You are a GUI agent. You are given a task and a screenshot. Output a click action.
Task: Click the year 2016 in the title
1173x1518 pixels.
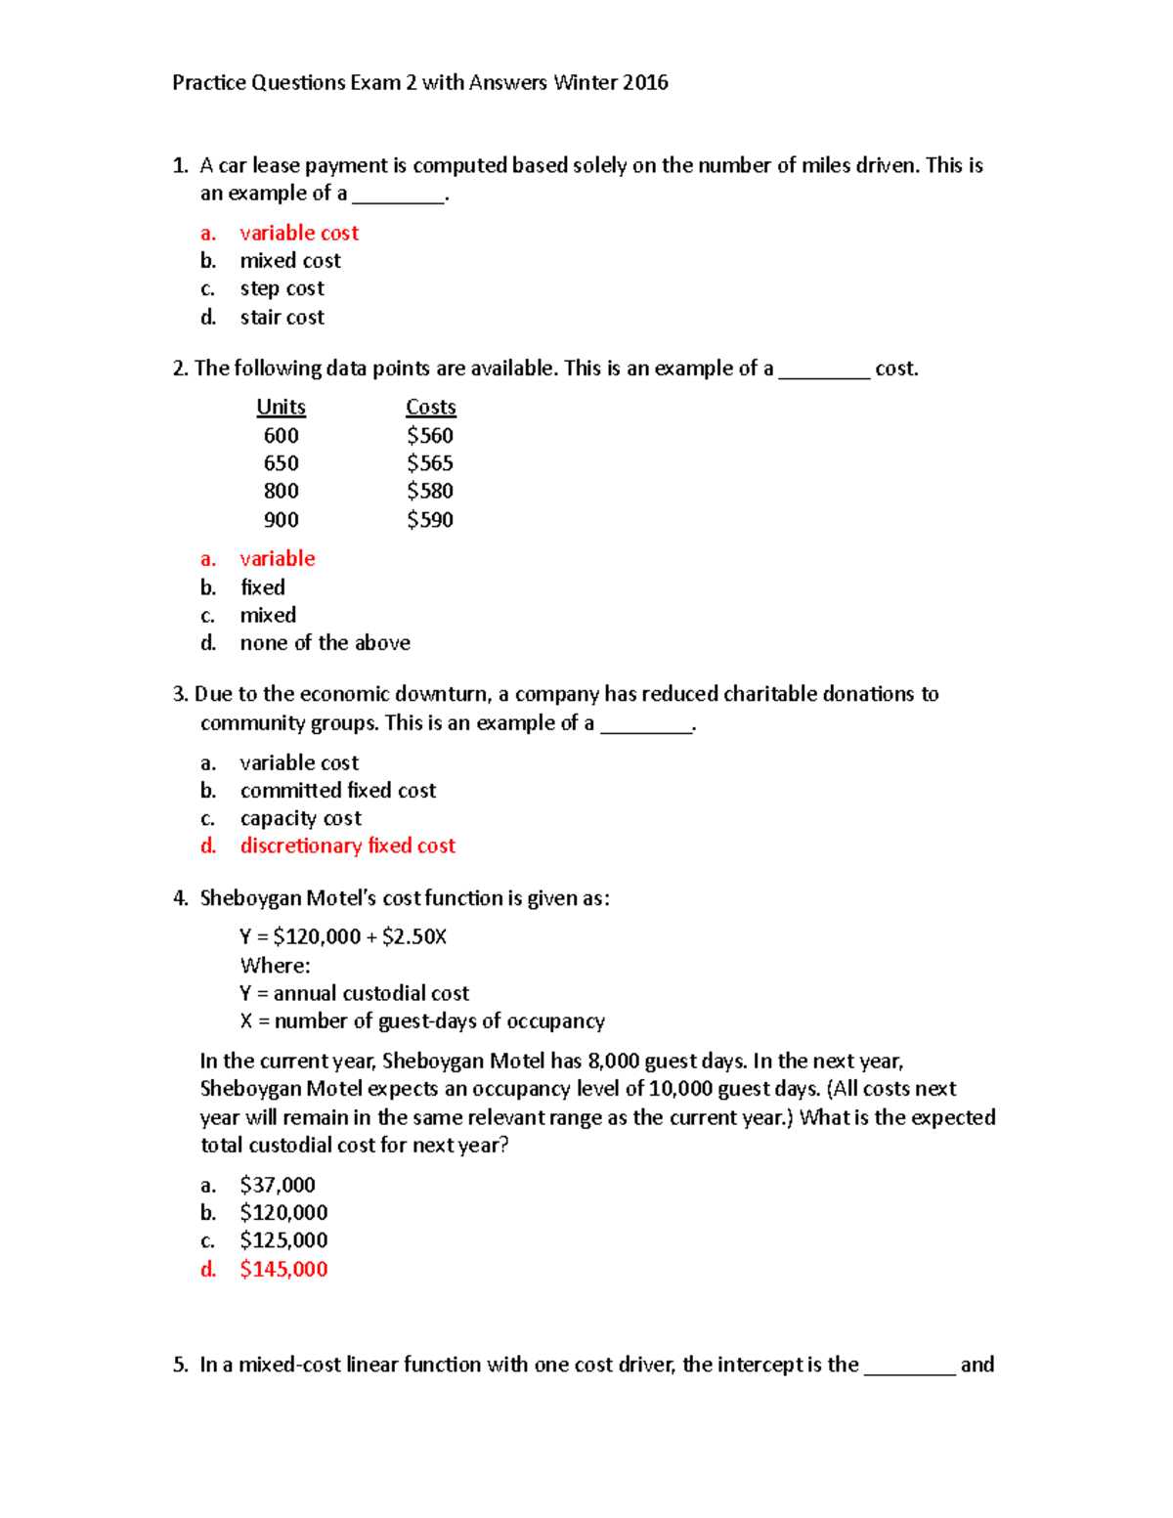[x=645, y=83]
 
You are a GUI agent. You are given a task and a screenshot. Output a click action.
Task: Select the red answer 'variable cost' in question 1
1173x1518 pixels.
[x=299, y=233]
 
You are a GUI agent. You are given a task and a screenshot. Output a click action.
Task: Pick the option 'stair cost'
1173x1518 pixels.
[x=282, y=318]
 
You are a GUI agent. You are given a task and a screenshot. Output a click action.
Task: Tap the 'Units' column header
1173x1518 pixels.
[x=281, y=408]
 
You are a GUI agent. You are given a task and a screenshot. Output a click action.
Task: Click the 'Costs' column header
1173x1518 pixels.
[x=431, y=408]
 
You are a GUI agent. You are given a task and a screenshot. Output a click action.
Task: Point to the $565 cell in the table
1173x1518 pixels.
[x=430, y=463]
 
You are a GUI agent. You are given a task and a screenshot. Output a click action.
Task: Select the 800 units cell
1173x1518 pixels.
[x=281, y=492]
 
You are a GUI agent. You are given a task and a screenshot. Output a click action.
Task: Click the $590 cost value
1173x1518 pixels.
[x=430, y=520]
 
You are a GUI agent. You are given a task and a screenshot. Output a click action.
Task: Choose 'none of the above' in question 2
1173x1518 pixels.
[x=325, y=643]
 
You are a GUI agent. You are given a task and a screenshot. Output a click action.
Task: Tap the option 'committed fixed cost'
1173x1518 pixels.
[x=338, y=791]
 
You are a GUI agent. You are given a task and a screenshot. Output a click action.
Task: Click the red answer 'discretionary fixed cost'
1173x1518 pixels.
[x=348, y=846]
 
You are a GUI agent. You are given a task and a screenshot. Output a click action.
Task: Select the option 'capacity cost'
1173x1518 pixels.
[x=301, y=818]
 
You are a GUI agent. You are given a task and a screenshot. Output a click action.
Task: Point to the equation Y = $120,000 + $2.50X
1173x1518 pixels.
[x=343, y=937]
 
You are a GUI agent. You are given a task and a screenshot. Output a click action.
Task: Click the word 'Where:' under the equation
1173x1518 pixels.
[x=276, y=966]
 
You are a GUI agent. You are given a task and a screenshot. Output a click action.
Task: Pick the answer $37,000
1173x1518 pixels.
[x=278, y=1186]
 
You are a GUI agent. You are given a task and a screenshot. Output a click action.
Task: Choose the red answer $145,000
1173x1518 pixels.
[x=283, y=1270]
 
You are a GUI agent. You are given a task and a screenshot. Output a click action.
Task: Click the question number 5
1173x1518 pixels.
[x=180, y=1366]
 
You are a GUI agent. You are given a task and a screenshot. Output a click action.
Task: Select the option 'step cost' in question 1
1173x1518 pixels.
[x=282, y=289]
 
